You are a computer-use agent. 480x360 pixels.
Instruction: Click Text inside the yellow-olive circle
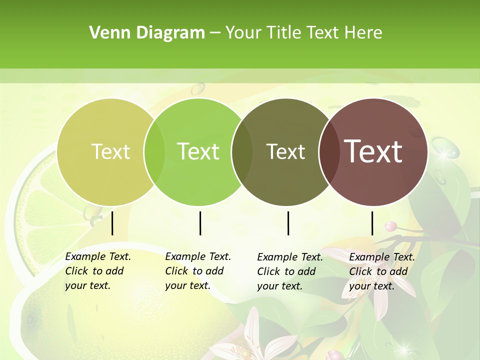pyautogui.click(x=110, y=151)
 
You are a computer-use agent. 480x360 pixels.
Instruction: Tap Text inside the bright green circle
pyautogui.click(x=198, y=151)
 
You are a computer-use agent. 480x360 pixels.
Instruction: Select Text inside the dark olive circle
pyautogui.click(x=285, y=151)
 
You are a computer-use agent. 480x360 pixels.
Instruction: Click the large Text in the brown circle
pyautogui.click(x=373, y=151)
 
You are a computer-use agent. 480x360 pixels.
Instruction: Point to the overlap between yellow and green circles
pyautogui.click(x=154, y=152)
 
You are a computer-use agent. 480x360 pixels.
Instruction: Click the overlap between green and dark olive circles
pyautogui.click(x=242, y=152)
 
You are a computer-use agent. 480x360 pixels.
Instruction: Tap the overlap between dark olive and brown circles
pyautogui.click(x=329, y=152)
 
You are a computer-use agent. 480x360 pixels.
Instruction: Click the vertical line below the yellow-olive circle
pyautogui.click(x=112, y=223)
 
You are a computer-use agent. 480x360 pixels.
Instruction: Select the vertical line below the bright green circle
pyautogui.click(x=200, y=223)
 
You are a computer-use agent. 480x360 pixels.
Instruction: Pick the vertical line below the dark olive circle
pyautogui.click(x=288, y=223)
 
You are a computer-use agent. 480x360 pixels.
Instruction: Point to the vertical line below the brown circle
pyautogui.click(x=372, y=223)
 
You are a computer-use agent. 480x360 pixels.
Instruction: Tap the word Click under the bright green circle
pyautogui.click(x=176, y=271)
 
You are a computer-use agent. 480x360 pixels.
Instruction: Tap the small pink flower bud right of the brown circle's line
pyautogui.click(x=390, y=226)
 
